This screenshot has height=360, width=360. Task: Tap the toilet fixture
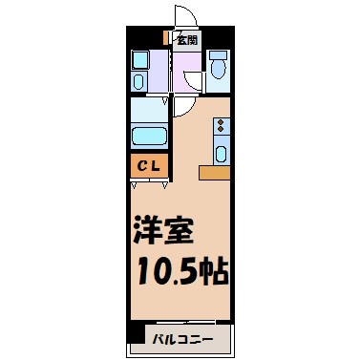click(x=219, y=67)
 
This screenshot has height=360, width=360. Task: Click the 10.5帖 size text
click(x=181, y=273)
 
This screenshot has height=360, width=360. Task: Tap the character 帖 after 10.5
click(x=216, y=273)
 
